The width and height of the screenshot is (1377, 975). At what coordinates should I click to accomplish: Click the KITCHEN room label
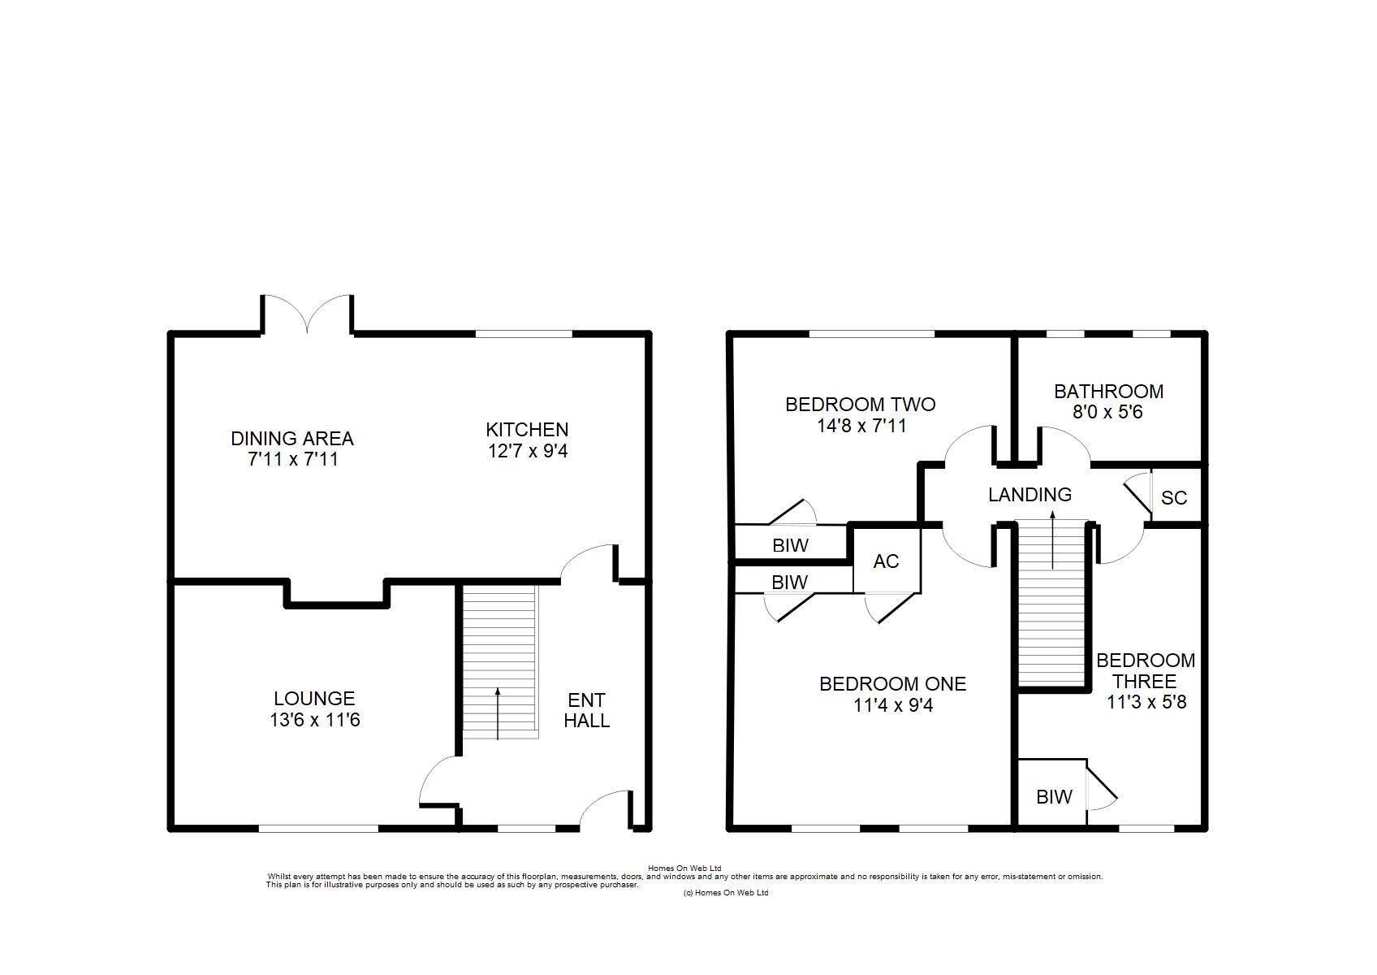tap(527, 429)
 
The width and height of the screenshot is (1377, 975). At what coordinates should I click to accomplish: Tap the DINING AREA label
tap(292, 439)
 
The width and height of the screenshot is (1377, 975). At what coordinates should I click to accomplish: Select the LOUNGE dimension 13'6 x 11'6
tap(315, 720)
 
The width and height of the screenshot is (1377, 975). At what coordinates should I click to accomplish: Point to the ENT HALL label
tap(586, 710)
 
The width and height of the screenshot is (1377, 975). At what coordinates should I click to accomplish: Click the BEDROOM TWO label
tap(861, 404)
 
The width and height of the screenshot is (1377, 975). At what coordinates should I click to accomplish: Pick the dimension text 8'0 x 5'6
tap(1107, 411)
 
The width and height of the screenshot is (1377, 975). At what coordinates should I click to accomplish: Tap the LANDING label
tap(1030, 495)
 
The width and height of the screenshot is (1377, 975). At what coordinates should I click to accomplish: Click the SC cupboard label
tap(1173, 497)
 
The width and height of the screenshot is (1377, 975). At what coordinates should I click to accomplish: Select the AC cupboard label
tap(886, 561)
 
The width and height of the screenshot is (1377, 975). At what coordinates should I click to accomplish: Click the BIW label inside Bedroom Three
tap(1054, 796)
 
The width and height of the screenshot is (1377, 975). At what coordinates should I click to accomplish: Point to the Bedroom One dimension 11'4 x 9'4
tap(892, 705)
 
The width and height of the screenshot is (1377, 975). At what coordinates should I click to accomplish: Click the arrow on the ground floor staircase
tap(498, 713)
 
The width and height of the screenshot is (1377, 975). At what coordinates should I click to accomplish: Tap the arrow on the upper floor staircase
tap(1052, 539)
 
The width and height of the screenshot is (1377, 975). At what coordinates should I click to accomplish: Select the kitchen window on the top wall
tap(524, 334)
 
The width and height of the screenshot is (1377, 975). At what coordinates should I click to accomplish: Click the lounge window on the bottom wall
tap(317, 829)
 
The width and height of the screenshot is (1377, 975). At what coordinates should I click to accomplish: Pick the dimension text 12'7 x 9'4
tap(528, 451)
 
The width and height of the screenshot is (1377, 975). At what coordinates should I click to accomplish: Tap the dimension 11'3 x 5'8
tap(1146, 702)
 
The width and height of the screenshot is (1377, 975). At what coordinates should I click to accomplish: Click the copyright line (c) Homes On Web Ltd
tap(725, 893)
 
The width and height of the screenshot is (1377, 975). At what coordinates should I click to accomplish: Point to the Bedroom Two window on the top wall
tap(872, 334)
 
